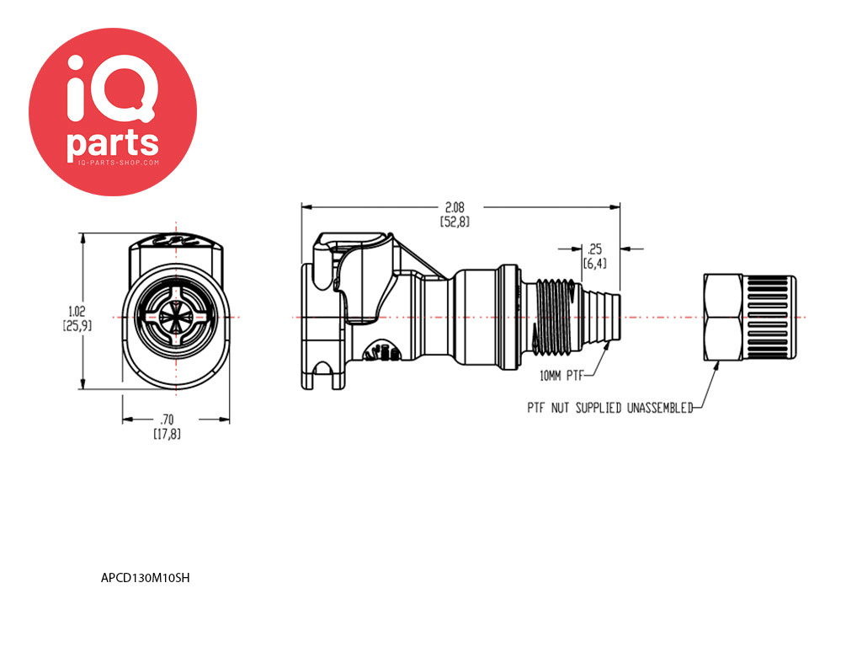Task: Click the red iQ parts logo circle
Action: pos(113,112)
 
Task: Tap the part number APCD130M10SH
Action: pos(145,578)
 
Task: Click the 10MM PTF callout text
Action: pos(561,376)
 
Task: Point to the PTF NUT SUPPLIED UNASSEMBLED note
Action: pos(610,408)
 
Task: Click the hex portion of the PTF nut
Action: pos(723,318)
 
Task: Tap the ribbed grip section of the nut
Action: pos(769,318)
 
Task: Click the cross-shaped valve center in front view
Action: pos(176,318)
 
